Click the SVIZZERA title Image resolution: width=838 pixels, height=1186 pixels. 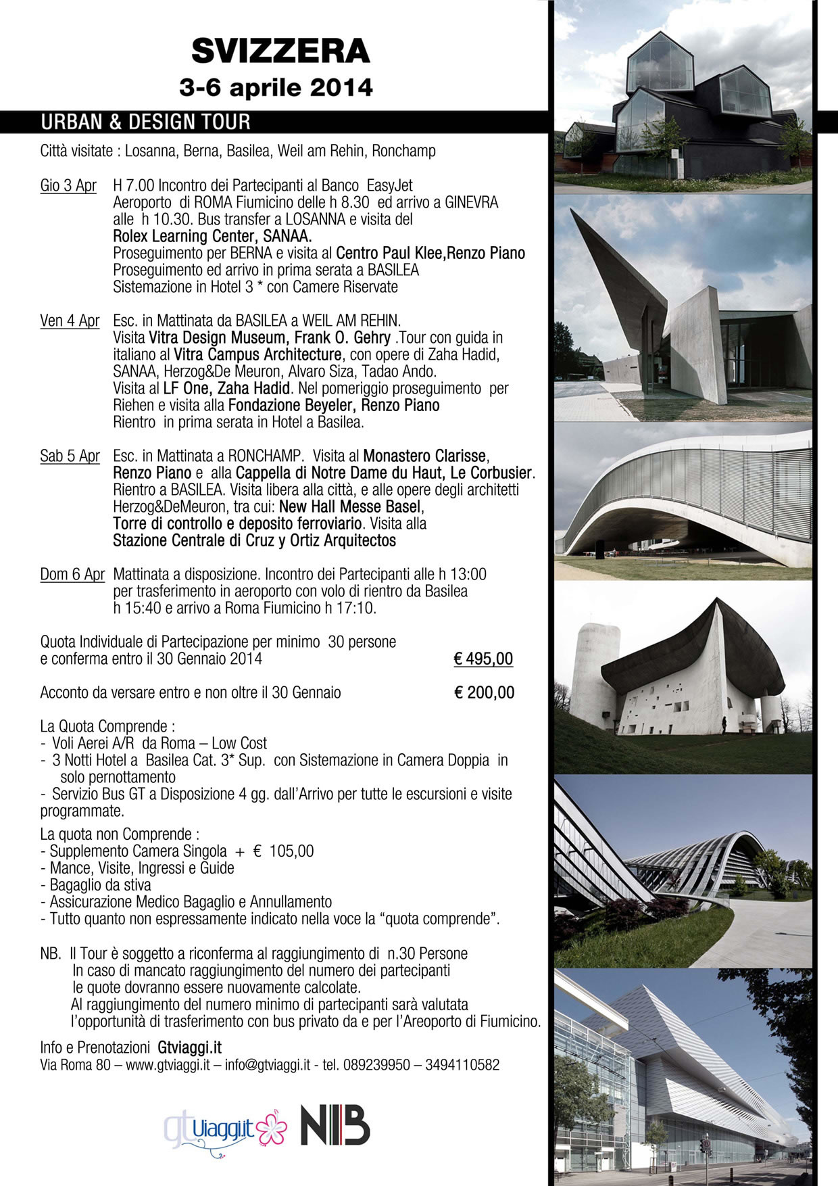click(x=280, y=51)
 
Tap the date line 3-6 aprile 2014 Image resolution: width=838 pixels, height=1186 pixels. click(x=276, y=87)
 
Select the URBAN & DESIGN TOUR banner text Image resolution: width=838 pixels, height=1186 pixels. click(x=145, y=122)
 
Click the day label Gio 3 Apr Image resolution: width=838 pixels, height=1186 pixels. click(x=68, y=185)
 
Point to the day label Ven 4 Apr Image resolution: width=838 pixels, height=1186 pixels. click(x=70, y=321)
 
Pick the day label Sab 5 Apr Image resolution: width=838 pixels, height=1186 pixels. click(x=70, y=456)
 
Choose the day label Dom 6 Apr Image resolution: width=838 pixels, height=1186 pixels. click(x=72, y=574)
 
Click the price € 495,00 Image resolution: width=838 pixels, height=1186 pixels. click(x=483, y=659)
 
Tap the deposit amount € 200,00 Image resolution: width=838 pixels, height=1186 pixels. click(x=484, y=692)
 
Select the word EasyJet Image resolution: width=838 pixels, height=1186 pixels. click(x=390, y=185)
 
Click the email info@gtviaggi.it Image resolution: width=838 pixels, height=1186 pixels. click(x=268, y=1065)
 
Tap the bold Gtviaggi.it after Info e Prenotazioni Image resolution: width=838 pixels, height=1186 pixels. click(x=190, y=1047)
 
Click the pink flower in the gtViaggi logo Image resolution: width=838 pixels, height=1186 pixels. click(x=272, y=1129)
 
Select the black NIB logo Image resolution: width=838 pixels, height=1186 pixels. click(x=335, y=1126)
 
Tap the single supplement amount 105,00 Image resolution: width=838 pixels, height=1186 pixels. click(x=291, y=851)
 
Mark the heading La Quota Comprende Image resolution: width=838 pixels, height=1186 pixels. click(x=107, y=726)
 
